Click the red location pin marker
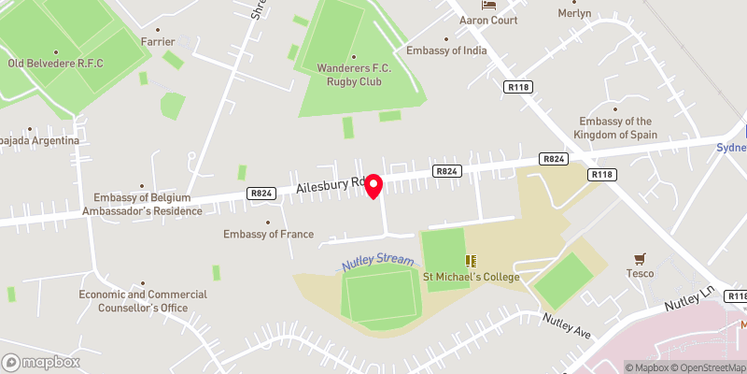[x=373, y=185]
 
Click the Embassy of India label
[x=446, y=50]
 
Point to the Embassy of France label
[x=269, y=234]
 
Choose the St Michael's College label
[x=471, y=277]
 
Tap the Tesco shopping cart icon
[x=640, y=258]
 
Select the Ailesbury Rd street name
[x=329, y=186]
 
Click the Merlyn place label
[x=574, y=14]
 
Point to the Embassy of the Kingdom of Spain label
[x=615, y=128]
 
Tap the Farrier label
[x=158, y=42]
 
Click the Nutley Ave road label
[x=568, y=325]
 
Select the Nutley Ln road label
[x=689, y=300]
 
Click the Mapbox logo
[x=40, y=362]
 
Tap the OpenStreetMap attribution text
[x=710, y=367]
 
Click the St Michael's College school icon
[x=471, y=260]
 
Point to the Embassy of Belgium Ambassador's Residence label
[x=148, y=204]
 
